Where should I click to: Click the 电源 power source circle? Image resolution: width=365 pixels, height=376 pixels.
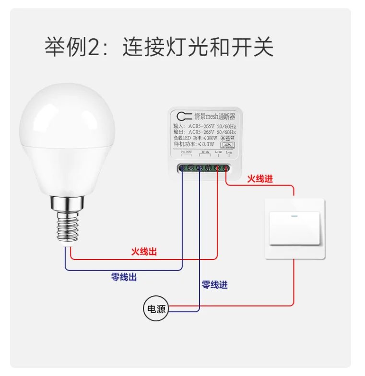pyautogui.click(x=156, y=309)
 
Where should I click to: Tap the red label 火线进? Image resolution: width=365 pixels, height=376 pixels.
pyautogui.click(x=260, y=179)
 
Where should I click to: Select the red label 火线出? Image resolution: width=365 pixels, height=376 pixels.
pyautogui.click(x=144, y=251)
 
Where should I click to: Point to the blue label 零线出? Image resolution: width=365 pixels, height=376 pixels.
pyautogui.click(x=124, y=277)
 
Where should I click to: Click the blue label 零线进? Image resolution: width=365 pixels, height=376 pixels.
pyautogui.click(x=214, y=284)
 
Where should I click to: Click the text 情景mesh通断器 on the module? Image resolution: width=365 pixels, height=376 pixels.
pyautogui.click(x=214, y=116)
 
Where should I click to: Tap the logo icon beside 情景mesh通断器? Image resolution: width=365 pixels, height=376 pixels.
pyautogui.click(x=183, y=116)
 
